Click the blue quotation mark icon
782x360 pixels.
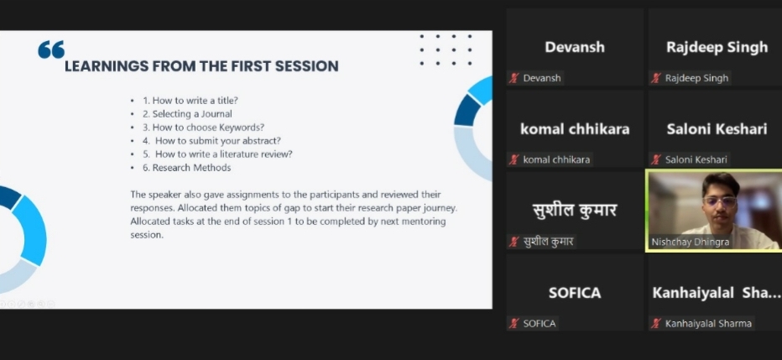51,50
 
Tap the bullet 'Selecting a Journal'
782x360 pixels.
187,113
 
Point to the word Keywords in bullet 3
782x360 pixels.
242,128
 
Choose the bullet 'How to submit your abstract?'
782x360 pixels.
212,141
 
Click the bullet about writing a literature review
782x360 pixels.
217,154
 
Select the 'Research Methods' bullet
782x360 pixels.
187,168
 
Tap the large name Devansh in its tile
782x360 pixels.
575,47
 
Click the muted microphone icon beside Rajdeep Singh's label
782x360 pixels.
656,78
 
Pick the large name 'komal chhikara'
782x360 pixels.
575,129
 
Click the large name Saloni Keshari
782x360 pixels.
717,129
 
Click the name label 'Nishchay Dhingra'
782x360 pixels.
691,242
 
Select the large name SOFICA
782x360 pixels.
575,293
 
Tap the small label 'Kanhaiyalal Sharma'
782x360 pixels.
708,324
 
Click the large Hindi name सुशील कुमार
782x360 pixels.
575,210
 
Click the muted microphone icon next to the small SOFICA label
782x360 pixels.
514,324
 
